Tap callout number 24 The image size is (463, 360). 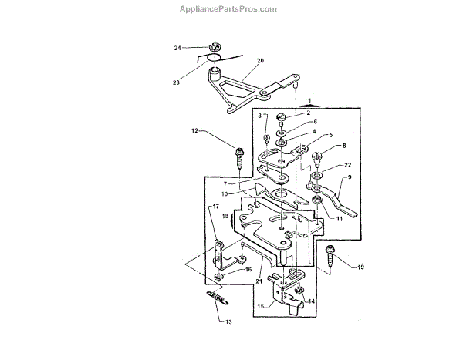pos(177,48)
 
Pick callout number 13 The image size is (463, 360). pos(228,321)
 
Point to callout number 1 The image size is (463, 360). pos(309,101)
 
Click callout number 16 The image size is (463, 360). pos(248,270)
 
